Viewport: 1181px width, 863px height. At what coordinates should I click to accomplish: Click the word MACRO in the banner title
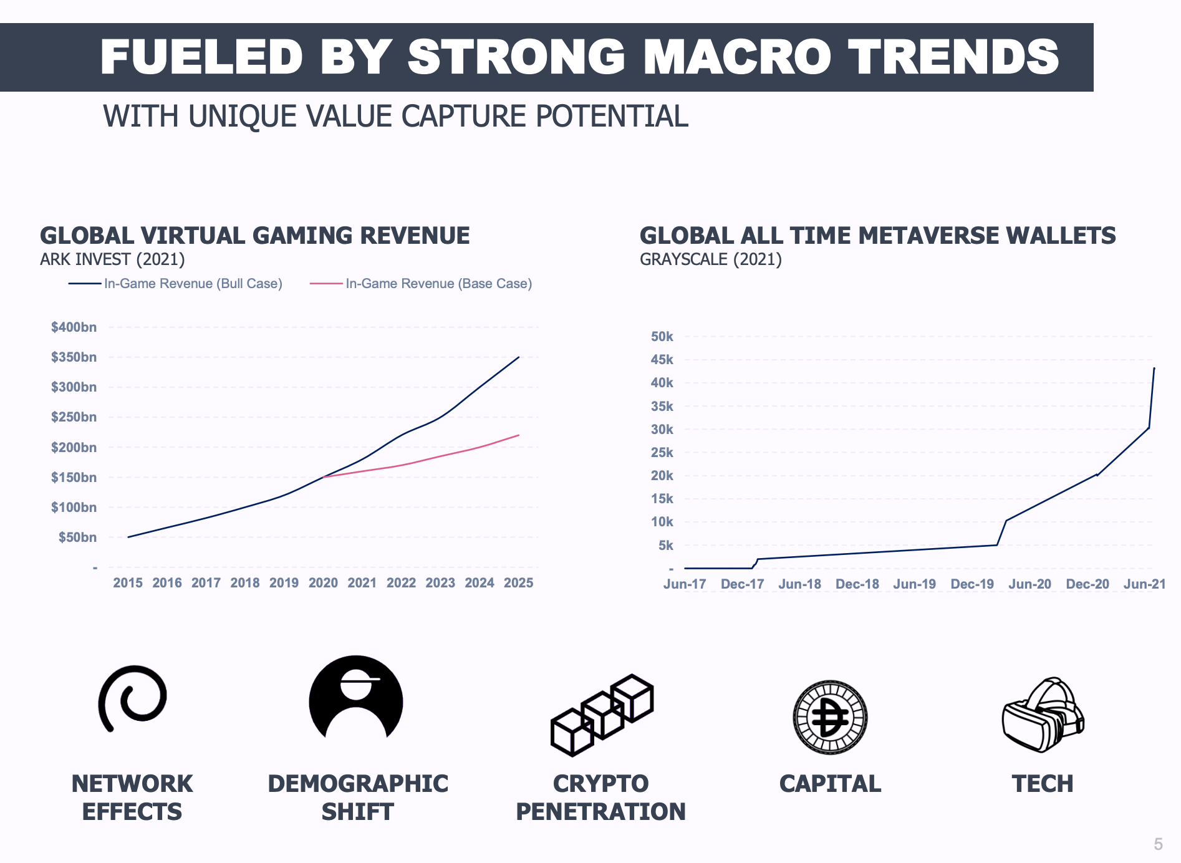pyautogui.click(x=737, y=57)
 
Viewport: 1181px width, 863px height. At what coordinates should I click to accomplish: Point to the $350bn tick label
pyautogui.click(x=74, y=357)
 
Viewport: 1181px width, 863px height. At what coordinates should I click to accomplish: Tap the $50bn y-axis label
pyautogui.click(x=77, y=538)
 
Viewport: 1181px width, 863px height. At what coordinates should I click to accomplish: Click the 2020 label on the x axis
pyautogui.click(x=323, y=583)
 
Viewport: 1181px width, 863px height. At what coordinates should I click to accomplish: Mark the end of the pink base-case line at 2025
pyautogui.click(x=519, y=435)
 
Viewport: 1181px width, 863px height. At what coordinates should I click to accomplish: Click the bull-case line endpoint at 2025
pyautogui.click(x=519, y=357)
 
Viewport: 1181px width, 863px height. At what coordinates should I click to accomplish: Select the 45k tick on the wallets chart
pyautogui.click(x=662, y=360)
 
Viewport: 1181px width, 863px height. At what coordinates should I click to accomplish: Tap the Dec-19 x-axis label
pyautogui.click(x=972, y=584)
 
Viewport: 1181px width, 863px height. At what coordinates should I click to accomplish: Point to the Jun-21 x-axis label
pyautogui.click(x=1144, y=584)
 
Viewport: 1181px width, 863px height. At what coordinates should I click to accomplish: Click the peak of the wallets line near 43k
pyautogui.click(x=1154, y=369)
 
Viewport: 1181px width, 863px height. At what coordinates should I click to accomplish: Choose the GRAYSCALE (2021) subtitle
pyautogui.click(x=710, y=259)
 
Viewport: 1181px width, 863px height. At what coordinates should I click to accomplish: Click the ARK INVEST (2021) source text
pyautogui.click(x=112, y=259)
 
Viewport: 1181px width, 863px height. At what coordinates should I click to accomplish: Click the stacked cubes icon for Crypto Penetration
pyautogui.click(x=602, y=715)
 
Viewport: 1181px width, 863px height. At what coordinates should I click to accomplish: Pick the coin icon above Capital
pyautogui.click(x=830, y=717)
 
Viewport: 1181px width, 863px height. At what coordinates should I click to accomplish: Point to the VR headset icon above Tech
pyautogui.click(x=1043, y=715)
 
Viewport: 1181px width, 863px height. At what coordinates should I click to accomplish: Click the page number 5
pyautogui.click(x=1158, y=844)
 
